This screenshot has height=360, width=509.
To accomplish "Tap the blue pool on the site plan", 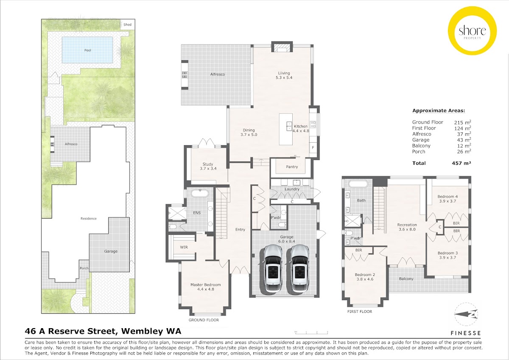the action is tap(87, 50).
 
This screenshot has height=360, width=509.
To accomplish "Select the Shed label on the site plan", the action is tap(128, 25).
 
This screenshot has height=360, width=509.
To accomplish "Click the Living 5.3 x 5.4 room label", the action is tap(284, 75).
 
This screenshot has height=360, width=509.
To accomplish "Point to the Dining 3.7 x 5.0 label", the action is tap(249, 132).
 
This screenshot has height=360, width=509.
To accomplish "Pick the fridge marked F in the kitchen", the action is tap(313, 148).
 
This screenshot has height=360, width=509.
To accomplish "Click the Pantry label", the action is tap(292, 167).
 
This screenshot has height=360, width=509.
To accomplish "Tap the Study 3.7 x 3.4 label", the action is tap(208, 166).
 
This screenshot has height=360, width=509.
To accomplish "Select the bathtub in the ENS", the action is tap(199, 193).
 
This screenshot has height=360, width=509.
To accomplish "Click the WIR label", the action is tap(184, 247).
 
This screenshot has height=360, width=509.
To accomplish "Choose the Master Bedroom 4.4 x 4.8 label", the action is tap(205, 287).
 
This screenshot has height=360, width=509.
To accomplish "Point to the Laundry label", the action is tap(292, 189).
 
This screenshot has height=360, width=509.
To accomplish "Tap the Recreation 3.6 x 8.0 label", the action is tap(407, 227).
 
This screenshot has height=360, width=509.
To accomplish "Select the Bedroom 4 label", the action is tap(447, 197).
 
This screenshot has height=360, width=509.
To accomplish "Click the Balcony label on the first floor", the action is tap(406, 279).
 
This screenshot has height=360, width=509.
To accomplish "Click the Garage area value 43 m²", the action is tap(464, 139).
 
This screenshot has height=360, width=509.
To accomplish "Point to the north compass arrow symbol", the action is tap(466, 314).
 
